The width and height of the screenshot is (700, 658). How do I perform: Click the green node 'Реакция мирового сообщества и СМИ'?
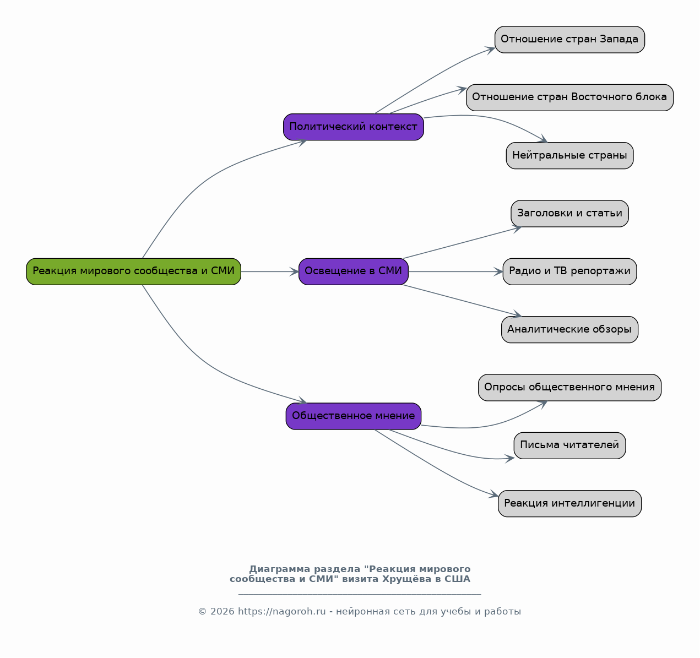pyautogui.click(x=134, y=271)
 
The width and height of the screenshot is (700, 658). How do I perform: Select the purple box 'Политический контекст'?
pyautogui.click(x=354, y=127)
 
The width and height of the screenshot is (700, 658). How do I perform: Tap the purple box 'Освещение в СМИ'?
pyautogui.click(x=354, y=271)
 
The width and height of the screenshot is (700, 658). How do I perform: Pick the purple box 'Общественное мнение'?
pyautogui.click(x=354, y=416)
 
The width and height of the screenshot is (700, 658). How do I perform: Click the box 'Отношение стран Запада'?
pyautogui.click(x=570, y=40)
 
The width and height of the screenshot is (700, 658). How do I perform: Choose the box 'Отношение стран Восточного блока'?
pyautogui.click(x=570, y=97)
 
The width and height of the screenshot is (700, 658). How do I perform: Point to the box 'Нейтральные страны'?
pyautogui.click(x=570, y=156)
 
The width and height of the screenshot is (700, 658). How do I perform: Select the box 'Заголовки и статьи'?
pyautogui.click(x=570, y=214)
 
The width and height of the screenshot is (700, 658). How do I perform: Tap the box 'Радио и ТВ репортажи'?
pyautogui.click(x=570, y=271)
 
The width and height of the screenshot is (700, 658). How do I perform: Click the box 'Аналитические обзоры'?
pyautogui.click(x=570, y=329)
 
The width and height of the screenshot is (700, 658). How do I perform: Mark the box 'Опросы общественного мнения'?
pyautogui.click(x=570, y=388)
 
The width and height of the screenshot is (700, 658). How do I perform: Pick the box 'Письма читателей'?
pyautogui.click(x=570, y=445)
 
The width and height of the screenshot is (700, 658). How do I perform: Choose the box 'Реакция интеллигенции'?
pyautogui.click(x=570, y=504)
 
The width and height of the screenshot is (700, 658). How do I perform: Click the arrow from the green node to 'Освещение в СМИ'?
pyautogui.click(x=270, y=271)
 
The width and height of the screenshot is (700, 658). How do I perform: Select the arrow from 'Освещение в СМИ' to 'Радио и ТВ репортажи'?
pyautogui.click(x=455, y=271)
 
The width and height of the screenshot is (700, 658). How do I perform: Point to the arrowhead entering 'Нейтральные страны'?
pyautogui.click(x=544, y=139)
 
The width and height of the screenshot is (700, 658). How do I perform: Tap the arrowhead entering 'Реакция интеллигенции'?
pyautogui.click(x=494, y=494)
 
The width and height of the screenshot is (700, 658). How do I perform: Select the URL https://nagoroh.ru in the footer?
pyautogui.click(x=282, y=612)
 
